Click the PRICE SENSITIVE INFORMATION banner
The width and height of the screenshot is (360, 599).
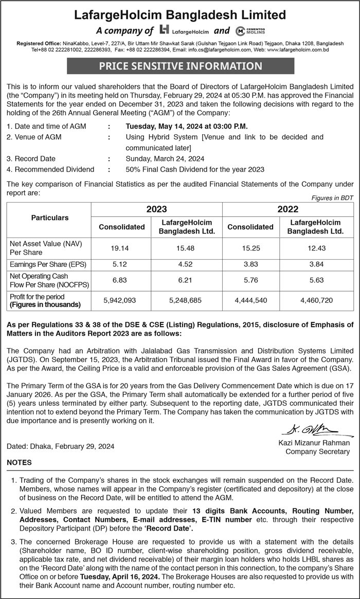point(180,66)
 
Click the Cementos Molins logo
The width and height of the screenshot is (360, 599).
point(250,30)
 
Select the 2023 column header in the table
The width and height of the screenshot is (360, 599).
point(157,209)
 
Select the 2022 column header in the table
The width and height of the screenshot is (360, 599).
point(288,209)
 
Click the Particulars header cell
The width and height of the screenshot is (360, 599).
point(50,218)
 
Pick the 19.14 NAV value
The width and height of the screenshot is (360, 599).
point(120,248)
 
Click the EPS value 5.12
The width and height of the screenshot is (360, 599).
point(120,265)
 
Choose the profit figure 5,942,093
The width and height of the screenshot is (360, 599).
point(120,300)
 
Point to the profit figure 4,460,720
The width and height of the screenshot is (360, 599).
point(316,300)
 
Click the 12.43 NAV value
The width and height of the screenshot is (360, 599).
point(316,248)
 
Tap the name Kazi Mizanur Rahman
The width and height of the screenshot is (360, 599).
point(314,443)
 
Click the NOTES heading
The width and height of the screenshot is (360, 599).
point(19,463)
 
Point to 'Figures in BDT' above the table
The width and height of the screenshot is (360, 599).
point(333,198)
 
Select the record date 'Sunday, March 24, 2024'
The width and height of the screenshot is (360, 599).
point(165,158)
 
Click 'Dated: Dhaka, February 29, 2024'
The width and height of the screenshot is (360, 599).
point(60,446)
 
